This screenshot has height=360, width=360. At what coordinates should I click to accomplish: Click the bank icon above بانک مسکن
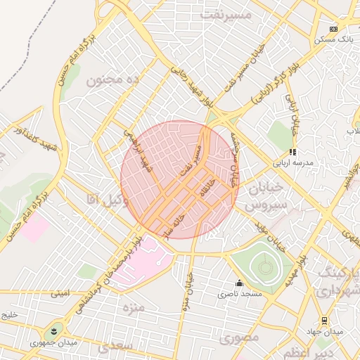[333, 29]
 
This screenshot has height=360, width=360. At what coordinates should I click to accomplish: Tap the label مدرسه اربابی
[292, 162]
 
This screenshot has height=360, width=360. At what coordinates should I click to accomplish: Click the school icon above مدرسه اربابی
[292, 151]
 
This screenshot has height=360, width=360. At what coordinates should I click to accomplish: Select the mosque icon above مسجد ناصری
[239, 283]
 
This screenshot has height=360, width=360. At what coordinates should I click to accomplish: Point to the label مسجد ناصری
[243, 293]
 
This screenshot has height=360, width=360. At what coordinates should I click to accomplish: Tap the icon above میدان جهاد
[324, 320]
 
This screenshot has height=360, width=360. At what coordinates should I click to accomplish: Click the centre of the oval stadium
[264, 266]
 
